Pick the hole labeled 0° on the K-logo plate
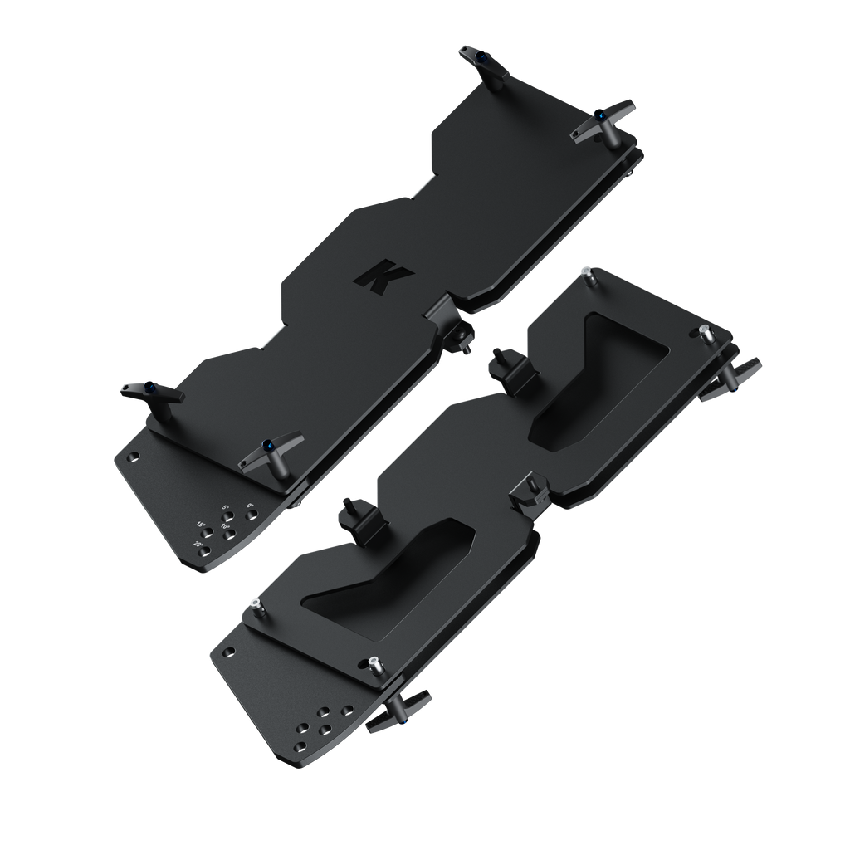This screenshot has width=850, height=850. click(x=250, y=514)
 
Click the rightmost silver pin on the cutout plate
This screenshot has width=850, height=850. click(x=706, y=335)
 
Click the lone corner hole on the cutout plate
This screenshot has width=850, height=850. click(x=229, y=652)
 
